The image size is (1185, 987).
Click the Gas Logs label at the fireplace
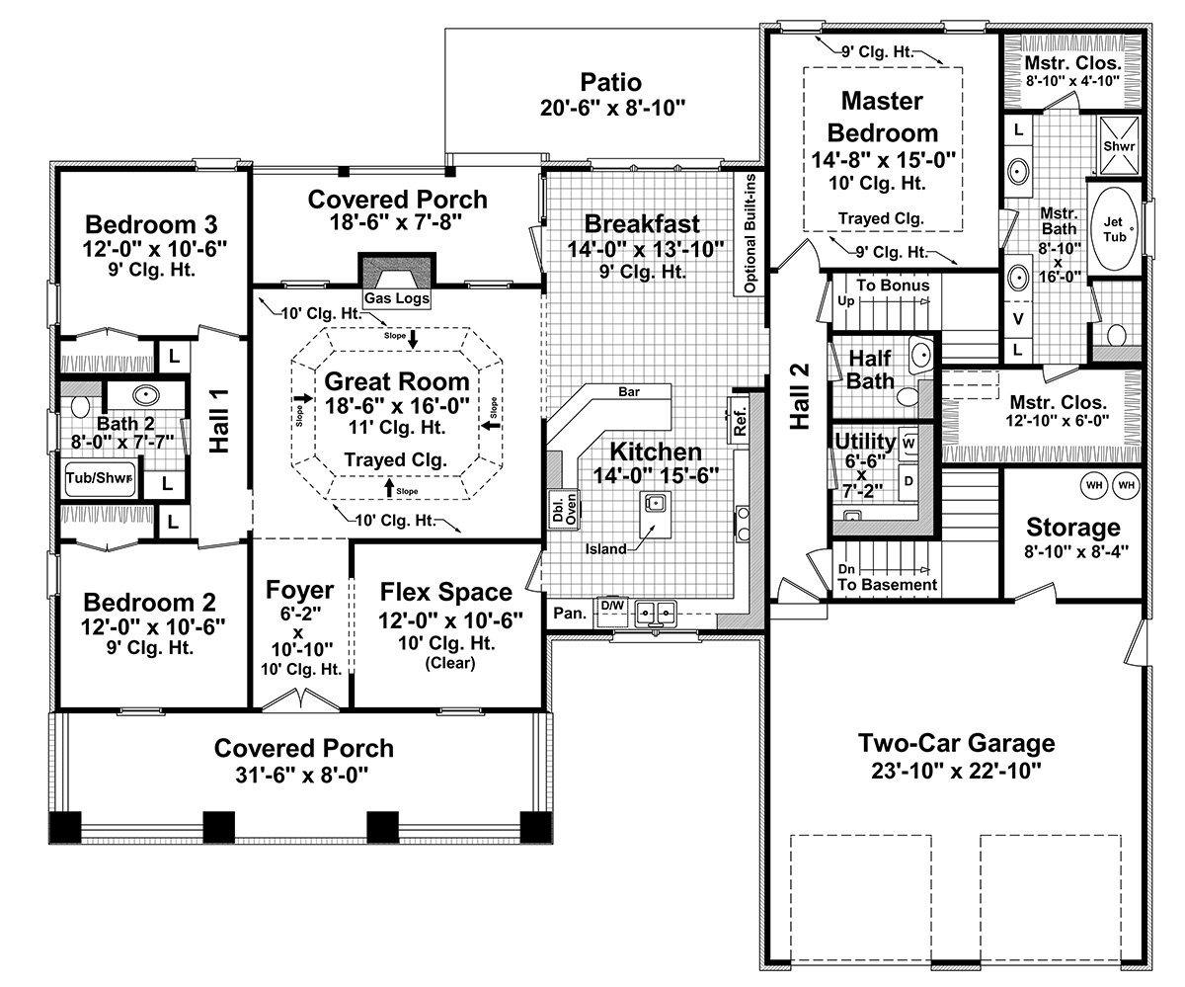pos(397,297)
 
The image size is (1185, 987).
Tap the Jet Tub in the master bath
pos(1115,229)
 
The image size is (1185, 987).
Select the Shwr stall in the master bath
pos(1119,146)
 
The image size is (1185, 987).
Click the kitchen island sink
pos(656,503)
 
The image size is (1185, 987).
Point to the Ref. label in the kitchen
pos(740,422)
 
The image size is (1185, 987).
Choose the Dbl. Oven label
pos(565,509)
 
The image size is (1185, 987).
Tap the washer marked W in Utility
pos(908,443)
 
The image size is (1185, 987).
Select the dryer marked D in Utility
pos(908,481)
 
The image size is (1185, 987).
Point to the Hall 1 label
pos(219,421)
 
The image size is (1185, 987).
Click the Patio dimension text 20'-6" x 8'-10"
pos(613,108)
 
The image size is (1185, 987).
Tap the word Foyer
pos(299,590)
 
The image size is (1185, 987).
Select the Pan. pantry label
pos(570,614)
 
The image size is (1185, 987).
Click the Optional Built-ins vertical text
pos(750,233)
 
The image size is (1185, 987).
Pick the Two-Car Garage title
pos(956,743)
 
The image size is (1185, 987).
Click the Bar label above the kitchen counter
pos(629,392)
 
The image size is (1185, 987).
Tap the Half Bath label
pos(870,370)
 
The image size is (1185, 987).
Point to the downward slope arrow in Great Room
pos(413,339)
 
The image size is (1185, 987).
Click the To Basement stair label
pos(887,584)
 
